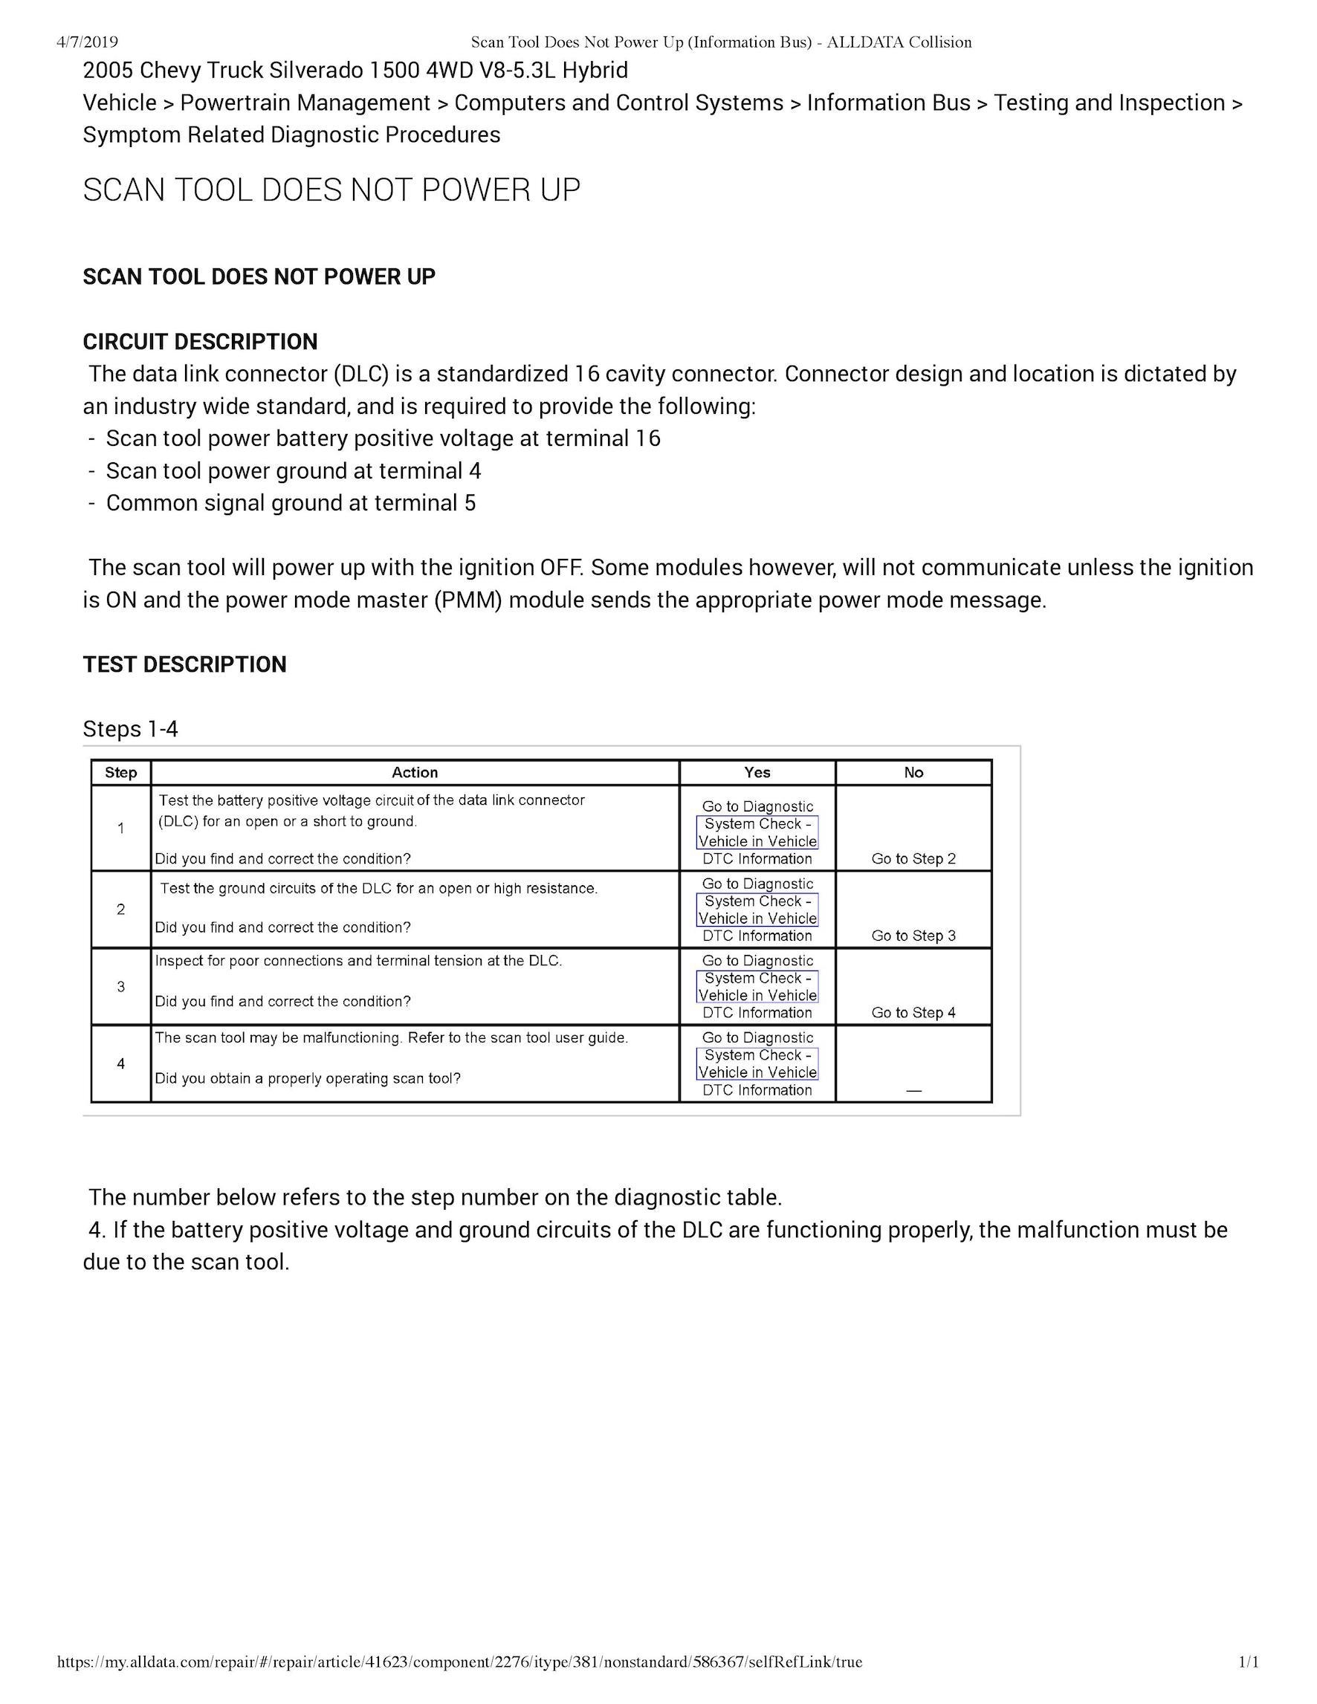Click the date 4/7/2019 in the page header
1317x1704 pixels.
tap(88, 42)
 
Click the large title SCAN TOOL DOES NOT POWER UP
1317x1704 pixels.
tap(331, 190)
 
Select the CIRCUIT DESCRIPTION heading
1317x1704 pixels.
tap(200, 342)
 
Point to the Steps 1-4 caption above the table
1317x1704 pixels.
tap(130, 729)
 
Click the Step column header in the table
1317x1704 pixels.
tap(121, 772)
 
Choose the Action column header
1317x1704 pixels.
tap(414, 772)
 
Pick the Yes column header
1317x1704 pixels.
tap(757, 772)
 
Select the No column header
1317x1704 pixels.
tap(913, 772)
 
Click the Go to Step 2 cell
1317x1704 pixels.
tap(913, 858)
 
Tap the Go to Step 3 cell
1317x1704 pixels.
tap(913, 936)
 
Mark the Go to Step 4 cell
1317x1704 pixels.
tap(913, 1013)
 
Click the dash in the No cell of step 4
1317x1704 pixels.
tap(913, 1090)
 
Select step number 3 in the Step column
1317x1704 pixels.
tap(121, 987)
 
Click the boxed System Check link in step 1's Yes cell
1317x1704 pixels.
tap(757, 832)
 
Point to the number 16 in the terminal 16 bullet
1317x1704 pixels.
tap(647, 438)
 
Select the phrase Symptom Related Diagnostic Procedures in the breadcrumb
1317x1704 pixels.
tap(291, 135)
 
